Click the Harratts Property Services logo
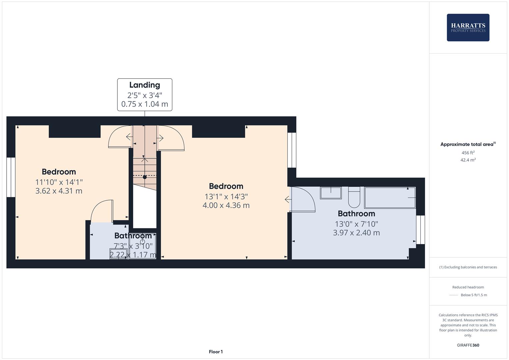468,28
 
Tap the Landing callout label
145,94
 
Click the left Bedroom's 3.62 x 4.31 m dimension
59,191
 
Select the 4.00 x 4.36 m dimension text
226,205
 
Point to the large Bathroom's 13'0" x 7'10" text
356,224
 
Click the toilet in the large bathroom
354,197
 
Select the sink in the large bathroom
331,193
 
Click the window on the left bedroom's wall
11,177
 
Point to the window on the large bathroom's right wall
421,230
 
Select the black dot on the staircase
145,177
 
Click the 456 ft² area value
468,153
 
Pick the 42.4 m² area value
468,160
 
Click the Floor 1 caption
216,352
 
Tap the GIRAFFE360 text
468,345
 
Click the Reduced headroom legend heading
468,287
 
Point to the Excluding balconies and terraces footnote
468,267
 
